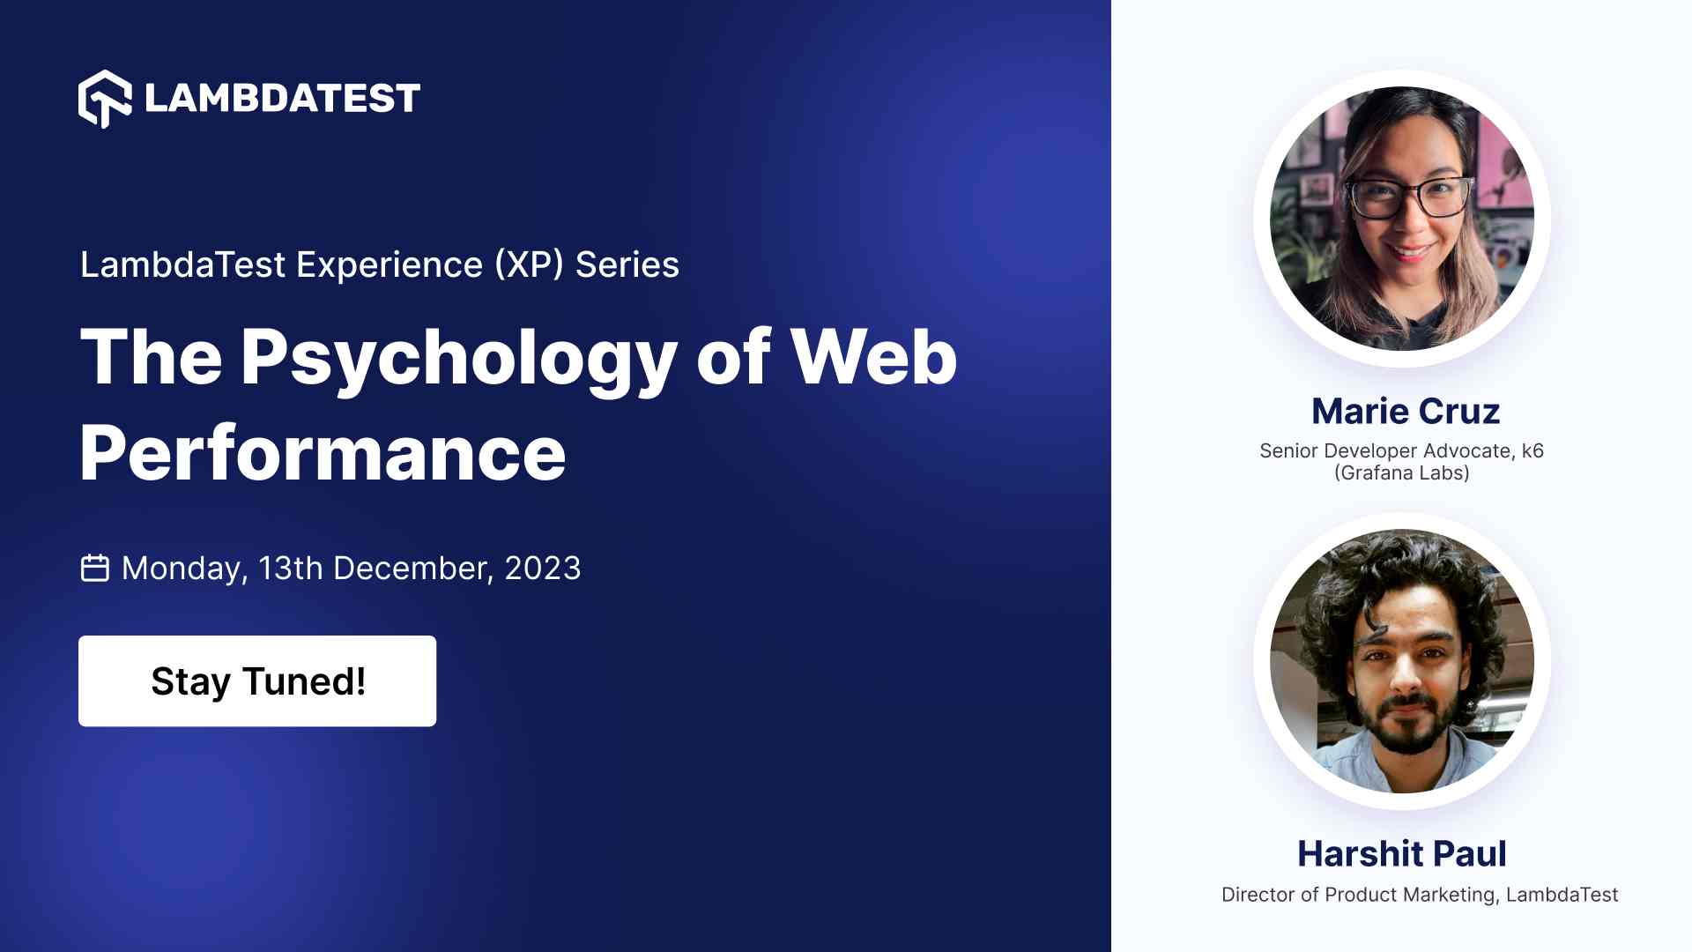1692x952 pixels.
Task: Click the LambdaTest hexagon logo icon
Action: pyautogui.click(x=105, y=98)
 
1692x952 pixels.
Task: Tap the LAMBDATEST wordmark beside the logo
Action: pyautogui.click(x=282, y=98)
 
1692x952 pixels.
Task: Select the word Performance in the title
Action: pyautogui.click(x=323, y=453)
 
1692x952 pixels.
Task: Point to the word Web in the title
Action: pyautogui.click(x=873, y=356)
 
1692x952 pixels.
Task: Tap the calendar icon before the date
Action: pyautogui.click(x=95, y=569)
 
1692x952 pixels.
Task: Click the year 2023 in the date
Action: pyautogui.click(x=543, y=569)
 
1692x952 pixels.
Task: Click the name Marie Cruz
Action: pyautogui.click(x=1406, y=411)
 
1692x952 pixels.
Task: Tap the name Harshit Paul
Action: pyautogui.click(x=1402, y=853)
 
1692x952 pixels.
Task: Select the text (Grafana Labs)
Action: pyautogui.click(x=1402, y=473)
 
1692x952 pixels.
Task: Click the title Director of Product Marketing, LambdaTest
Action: pyautogui.click(x=1420, y=895)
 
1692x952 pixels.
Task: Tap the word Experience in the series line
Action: pyautogui.click(x=390, y=265)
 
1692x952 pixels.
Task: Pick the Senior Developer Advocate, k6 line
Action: pyautogui.click(x=1401, y=450)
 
